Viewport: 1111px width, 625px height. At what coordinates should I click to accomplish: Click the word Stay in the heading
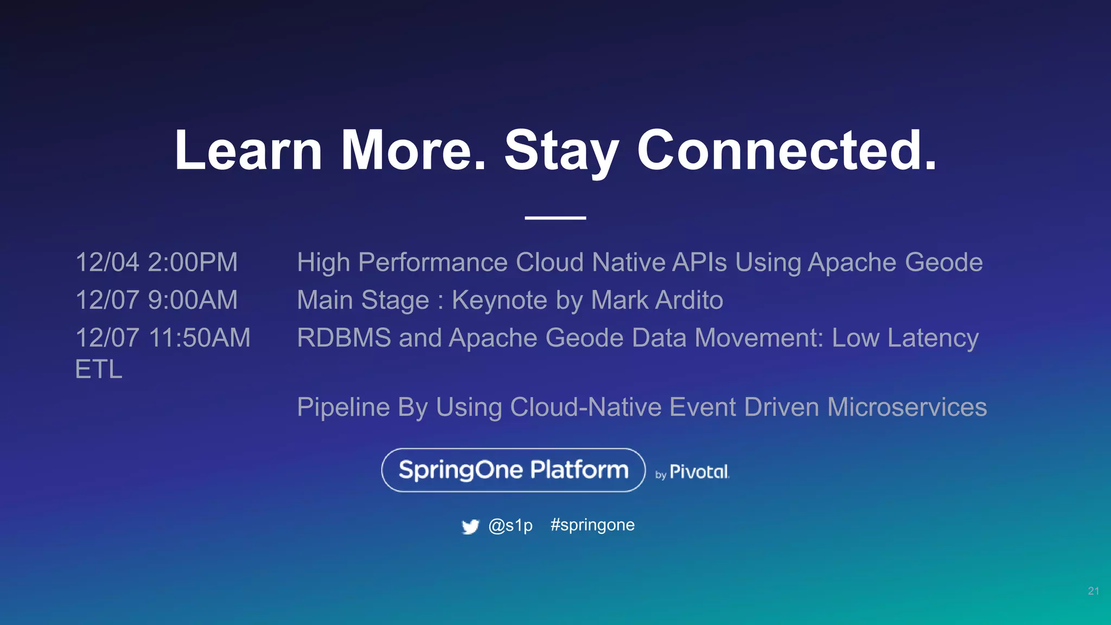pyautogui.click(x=561, y=152)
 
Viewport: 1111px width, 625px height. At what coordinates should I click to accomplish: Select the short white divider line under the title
pyautogui.click(x=555, y=218)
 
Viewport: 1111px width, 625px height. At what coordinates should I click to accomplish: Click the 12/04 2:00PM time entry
pyautogui.click(x=156, y=263)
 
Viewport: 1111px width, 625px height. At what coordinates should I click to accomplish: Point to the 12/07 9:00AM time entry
pyautogui.click(x=156, y=300)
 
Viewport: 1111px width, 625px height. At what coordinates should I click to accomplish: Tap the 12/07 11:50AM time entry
pyautogui.click(x=163, y=338)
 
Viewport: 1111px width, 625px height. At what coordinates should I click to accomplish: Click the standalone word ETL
pyautogui.click(x=99, y=370)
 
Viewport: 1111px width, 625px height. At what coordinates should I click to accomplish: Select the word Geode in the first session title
pyautogui.click(x=943, y=263)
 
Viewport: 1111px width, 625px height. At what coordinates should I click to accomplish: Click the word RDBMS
pyautogui.click(x=344, y=338)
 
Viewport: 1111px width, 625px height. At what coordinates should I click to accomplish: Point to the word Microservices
pyautogui.click(x=906, y=407)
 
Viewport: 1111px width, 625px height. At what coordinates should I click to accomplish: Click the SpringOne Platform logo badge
pyautogui.click(x=513, y=470)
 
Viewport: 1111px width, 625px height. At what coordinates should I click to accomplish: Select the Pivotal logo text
pyautogui.click(x=699, y=472)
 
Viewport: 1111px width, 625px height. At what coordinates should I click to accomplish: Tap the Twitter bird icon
pyautogui.click(x=470, y=526)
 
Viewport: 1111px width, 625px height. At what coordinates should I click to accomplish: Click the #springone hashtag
pyautogui.click(x=592, y=525)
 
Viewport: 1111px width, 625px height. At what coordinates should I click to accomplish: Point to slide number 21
pyautogui.click(x=1093, y=591)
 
